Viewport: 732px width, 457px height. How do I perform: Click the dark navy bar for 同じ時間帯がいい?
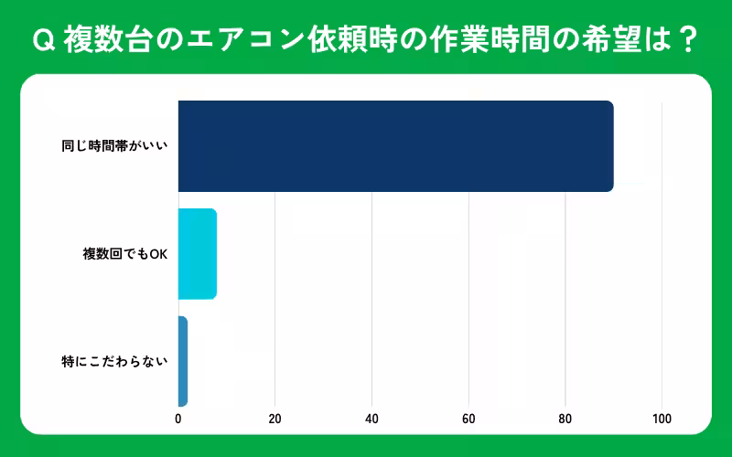tap(395, 146)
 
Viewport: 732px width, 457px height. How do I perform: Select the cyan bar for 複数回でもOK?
tap(197, 254)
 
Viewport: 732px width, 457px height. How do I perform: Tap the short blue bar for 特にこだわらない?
tap(182, 361)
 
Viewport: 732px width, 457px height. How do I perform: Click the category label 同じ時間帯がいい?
tap(114, 146)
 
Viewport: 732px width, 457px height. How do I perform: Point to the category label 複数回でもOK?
tap(125, 254)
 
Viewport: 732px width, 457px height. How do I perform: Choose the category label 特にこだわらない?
tap(114, 361)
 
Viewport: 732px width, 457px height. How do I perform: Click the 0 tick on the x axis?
tap(178, 419)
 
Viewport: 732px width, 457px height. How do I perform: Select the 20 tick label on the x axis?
tap(274, 419)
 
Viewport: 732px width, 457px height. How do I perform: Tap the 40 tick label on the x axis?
tap(371, 419)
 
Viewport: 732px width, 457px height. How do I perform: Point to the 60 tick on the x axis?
tap(468, 419)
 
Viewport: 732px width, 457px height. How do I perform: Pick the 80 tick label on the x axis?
tap(565, 419)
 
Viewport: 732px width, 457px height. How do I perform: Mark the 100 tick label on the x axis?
tap(662, 419)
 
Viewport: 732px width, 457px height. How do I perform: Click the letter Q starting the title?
tap(42, 40)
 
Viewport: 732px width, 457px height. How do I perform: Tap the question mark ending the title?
tap(689, 40)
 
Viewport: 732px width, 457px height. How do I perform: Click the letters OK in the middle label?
tap(158, 254)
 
